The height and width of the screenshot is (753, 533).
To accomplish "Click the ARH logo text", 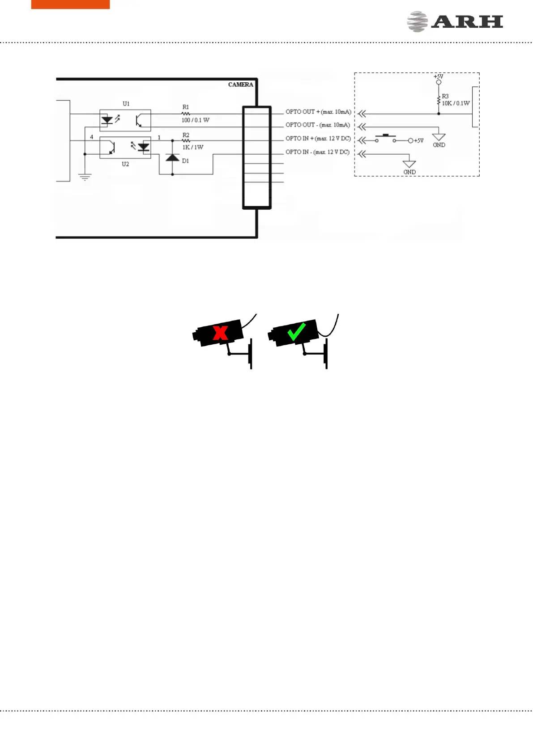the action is (x=467, y=22).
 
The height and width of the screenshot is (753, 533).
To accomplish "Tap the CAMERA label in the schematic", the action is (x=240, y=85).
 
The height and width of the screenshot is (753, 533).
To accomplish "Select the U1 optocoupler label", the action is (x=126, y=104).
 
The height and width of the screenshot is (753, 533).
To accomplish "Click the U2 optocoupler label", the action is (x=125, y=164).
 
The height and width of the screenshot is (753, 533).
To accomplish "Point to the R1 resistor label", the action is (x=186, y=107).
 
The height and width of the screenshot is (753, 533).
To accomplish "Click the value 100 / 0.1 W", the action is (x=195, y=120).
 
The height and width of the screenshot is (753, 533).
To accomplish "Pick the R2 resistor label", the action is (x=186, y=135).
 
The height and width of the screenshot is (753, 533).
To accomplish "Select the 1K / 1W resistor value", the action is (x=193, y=147).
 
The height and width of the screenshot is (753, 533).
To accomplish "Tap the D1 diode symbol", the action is (x=172, y=157).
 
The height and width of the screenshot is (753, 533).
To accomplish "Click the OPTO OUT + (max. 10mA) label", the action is (x=318, y=112).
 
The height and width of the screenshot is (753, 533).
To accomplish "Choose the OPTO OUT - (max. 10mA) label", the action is (x=318, y=125).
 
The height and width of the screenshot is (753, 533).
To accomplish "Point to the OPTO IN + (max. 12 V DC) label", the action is (x=318, y=139).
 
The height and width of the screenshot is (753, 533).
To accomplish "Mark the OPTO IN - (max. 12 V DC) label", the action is (x=317, y=152).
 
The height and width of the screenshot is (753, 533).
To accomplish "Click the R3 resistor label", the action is (x=445, y=96).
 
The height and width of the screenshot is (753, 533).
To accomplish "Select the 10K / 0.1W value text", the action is (x=456, y=103).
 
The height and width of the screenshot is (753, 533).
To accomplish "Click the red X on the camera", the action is (x=220, y=333).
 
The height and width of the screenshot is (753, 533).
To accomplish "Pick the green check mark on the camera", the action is (x=296, y=331).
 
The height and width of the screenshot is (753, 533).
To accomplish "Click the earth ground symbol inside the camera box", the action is (x=85, y=177).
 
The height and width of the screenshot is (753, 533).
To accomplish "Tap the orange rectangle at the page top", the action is (x=70, y=4).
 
